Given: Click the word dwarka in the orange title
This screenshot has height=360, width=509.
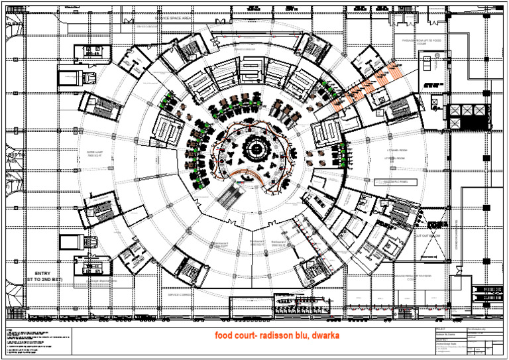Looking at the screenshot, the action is pyautogui.click(x=322, y=335).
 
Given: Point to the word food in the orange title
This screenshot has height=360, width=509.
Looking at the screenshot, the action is pyautogui.click(x=224, y=335).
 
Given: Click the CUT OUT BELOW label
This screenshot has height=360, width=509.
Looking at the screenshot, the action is pyautogui.click(x=427, y=235).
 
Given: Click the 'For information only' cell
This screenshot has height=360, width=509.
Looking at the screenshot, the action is pyautogui.click(x=479, y=329).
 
